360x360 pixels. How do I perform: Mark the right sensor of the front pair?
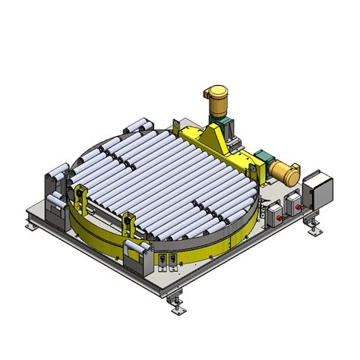(173, 260)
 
